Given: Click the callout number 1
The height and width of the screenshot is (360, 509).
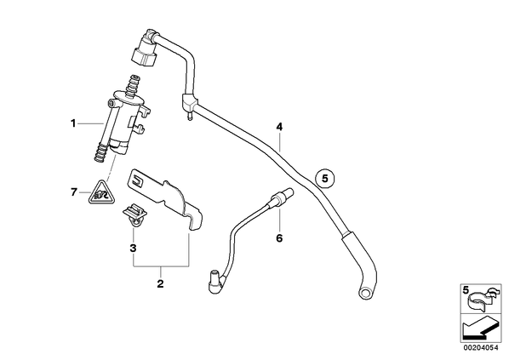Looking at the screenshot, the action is tap(73, 123).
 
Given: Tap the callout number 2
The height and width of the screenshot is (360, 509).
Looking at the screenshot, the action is tap(160, 283).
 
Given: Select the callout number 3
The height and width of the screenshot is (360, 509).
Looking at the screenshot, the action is tap(133, 249).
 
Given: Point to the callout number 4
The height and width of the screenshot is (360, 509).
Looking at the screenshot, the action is tap(279, 127).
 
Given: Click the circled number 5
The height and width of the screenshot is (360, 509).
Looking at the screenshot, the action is tap(325, 178).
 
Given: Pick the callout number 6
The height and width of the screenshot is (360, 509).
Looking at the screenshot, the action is tap(279, 238).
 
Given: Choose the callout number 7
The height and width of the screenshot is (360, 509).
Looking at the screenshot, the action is tap(74, 192).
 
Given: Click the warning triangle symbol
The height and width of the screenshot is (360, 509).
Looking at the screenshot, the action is tap(102, 194).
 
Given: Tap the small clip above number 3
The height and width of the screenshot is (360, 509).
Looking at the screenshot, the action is tap(134, 215).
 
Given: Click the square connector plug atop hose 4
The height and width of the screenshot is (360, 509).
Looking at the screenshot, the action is tap(145, 54).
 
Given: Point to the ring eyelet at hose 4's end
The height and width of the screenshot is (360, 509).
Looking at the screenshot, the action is tap(365, 292).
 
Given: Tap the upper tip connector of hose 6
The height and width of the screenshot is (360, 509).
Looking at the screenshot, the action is tap(284, 195).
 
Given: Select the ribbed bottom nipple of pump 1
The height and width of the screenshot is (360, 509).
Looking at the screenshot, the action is tap(101, 152).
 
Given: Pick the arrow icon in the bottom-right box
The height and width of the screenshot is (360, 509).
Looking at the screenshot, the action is tap(480, 329).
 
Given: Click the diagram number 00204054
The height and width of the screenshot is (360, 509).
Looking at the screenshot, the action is tap(481, 348).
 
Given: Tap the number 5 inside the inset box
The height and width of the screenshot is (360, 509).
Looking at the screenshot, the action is tap(466, 290).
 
